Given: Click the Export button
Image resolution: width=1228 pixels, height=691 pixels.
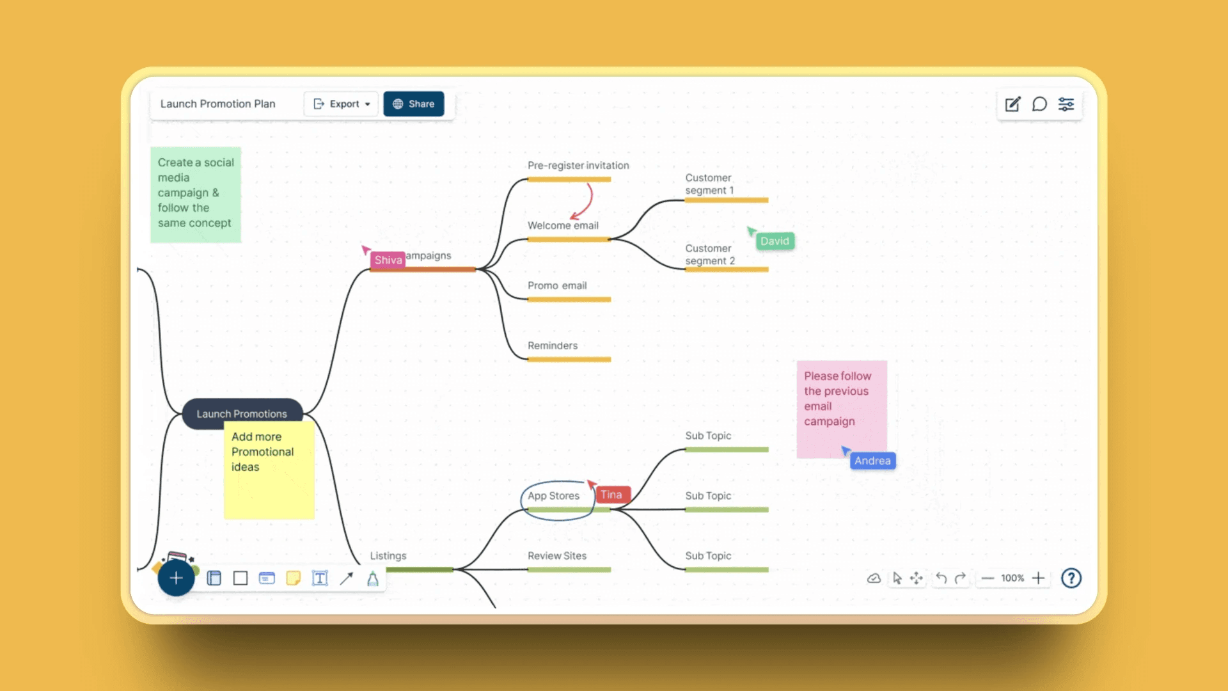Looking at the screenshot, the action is click(x=342, y=104).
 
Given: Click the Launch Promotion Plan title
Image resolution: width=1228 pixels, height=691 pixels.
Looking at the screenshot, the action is click(x=217, y=104).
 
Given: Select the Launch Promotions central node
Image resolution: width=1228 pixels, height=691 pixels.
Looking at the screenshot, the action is click(x=242, y=413).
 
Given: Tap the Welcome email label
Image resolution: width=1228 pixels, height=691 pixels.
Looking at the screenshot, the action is click(x=563, y=225).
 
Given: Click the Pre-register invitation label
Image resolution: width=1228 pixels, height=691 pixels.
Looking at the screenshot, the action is click(x=578, y=165).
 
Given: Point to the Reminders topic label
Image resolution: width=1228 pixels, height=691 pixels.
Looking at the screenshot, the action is click(x=553, y=345).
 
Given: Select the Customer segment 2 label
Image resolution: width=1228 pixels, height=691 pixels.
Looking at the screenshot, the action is click(x=710, y=255).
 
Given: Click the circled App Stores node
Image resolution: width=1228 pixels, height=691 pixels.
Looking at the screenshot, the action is click(x=553, y=496).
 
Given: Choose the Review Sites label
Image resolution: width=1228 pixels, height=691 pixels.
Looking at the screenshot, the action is click(x=557, y=555).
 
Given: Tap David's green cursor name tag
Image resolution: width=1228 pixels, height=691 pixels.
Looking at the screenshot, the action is click(x=775, y=241).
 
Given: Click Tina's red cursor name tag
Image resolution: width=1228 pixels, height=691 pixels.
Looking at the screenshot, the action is click(x=612, y=495).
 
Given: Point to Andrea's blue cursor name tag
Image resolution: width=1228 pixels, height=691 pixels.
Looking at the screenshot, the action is click(x=872, y=461).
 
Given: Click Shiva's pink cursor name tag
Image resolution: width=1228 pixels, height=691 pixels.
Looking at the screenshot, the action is click(x=388, y=260).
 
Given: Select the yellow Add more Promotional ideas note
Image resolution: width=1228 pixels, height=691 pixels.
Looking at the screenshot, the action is click(x=269, y=470).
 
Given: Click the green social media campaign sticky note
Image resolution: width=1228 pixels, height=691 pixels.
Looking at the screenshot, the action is click(x=196, y=195).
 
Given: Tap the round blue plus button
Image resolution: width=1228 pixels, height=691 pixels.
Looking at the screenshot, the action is click(x=176, y=578).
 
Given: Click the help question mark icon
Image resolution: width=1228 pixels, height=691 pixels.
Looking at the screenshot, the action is click(x=1071, y=578).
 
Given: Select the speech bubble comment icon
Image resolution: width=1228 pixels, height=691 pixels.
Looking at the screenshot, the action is click(x=1039, y=104).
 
